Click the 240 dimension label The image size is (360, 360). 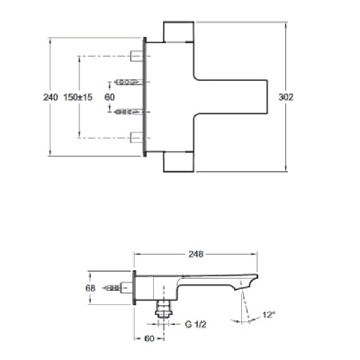[x=50, y=97]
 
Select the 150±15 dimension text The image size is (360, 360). [x=78, y=97]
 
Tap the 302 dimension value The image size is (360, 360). [x=286, y=97]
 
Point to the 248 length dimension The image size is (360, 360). [x=196, y=254]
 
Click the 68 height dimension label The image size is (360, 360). [x=90, y=288]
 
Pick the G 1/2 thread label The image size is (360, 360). [x=195, y=324]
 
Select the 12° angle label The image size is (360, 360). [x=269, y=315]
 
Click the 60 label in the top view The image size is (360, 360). [x=110, y=97]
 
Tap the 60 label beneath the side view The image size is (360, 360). [x=149, y=338]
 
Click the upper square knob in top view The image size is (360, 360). [x=178, y=31]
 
